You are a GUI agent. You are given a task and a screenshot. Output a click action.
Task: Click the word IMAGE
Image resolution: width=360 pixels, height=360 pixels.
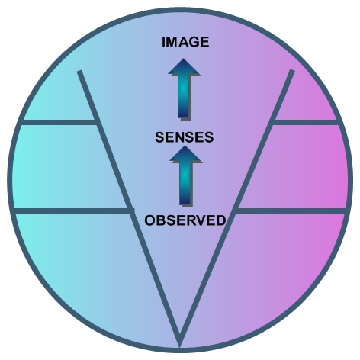(185, 42)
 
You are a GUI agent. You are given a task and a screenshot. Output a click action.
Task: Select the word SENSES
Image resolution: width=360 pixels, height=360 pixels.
(185, 137)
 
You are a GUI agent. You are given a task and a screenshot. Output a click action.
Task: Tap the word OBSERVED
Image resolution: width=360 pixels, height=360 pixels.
(185, 220)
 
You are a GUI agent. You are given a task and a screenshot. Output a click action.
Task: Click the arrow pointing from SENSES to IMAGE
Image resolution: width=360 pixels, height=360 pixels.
(184, 89)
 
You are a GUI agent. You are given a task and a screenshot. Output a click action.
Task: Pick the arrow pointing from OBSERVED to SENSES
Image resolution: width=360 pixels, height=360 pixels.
(185, 176)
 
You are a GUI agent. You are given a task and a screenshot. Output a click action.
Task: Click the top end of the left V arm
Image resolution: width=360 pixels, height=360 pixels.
(79, 71)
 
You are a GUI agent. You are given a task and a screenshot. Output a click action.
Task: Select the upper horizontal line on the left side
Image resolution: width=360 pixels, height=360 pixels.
(59, 122)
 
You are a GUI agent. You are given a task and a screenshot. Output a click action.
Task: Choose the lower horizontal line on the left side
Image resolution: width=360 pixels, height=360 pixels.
(72, 211)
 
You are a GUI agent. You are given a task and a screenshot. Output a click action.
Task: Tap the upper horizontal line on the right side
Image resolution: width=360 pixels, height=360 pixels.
(306, 122)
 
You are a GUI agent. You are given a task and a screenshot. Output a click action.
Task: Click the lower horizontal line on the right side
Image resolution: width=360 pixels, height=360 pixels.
(292, 211)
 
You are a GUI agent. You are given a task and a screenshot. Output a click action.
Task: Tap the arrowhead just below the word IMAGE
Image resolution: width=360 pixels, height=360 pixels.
(184, 67)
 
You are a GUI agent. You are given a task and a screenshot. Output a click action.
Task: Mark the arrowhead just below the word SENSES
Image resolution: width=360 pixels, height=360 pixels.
(185, 154)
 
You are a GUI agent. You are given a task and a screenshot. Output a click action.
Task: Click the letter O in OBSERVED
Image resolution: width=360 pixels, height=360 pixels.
(149, 220)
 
